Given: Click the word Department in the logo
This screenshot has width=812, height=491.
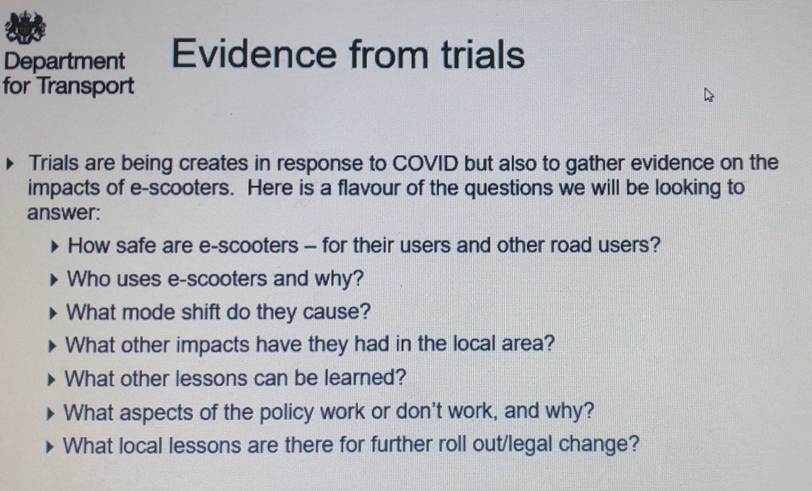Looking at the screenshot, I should point(64,62).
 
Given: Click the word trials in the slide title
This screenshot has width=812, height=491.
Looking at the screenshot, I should point(477,54).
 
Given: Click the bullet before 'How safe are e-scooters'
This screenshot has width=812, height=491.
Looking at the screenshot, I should point(55,244).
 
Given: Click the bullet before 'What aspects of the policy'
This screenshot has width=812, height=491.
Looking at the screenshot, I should point(55,411).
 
